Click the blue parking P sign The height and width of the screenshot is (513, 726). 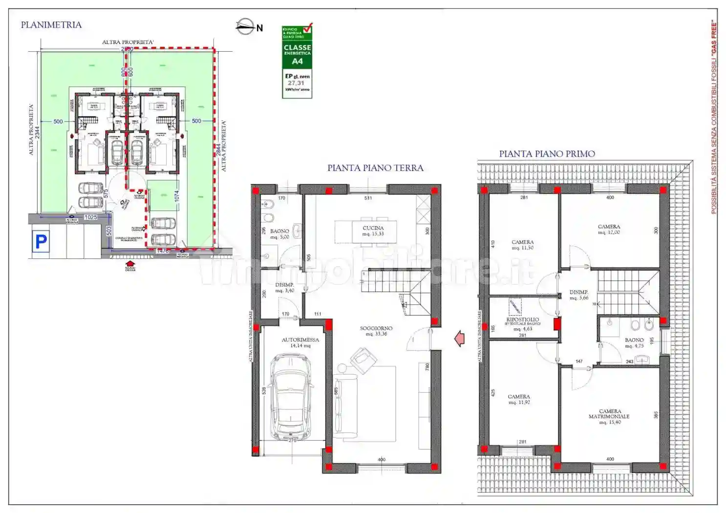[x=41, y=241]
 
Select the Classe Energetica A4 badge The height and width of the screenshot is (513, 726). [x=297, y=62]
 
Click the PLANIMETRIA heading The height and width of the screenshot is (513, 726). [x=51, y=25]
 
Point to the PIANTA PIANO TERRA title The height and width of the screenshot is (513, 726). [x=375, y=168]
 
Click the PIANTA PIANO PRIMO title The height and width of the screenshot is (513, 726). [x=547, y=154]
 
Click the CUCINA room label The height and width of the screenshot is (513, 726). [x=373, y=231]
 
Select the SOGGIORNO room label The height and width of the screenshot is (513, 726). [x=376, y=331]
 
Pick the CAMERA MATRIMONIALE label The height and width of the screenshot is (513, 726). [x=609, y=416]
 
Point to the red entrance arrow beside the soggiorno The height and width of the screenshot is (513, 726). [x=459, y=338]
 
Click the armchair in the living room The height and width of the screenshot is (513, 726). [x=362, y=361]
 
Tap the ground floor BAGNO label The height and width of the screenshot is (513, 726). [x=279, y=234]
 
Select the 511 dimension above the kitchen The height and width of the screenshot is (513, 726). [x=368, y=198]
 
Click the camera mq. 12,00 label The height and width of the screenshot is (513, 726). [x=609, y=229]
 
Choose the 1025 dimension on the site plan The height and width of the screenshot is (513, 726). [x=90, y=217]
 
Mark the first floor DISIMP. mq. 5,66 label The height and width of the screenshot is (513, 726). [x=578, y=295]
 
